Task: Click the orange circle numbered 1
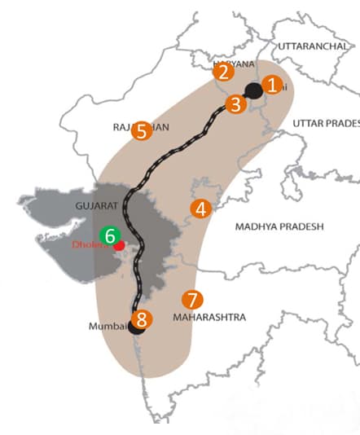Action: pyautogui.click(x=273, y=83)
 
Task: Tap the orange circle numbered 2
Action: pyautogui.click(x=223, y=72)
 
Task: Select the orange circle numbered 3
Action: pyautogui.click(x=235, y=103)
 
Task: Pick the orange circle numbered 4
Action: pyautogui.click(x=200, y=209)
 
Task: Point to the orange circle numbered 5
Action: pyautogui.click(x=143, y=130)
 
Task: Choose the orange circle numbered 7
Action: pyautogui.click(x=192, y=299)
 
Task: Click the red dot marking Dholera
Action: pyautogui.click(x=120, y=244)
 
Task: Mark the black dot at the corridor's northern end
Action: pyautogui.click(x=253, y=90)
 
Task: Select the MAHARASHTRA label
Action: pyautogui.click(x=209, y=318)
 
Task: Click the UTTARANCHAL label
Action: pyautogui.click(x=312, y=46)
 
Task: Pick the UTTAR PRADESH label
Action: pyautogui.click(x=326, y=122)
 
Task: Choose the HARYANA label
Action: pyautogui.click(x=234, y=63)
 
